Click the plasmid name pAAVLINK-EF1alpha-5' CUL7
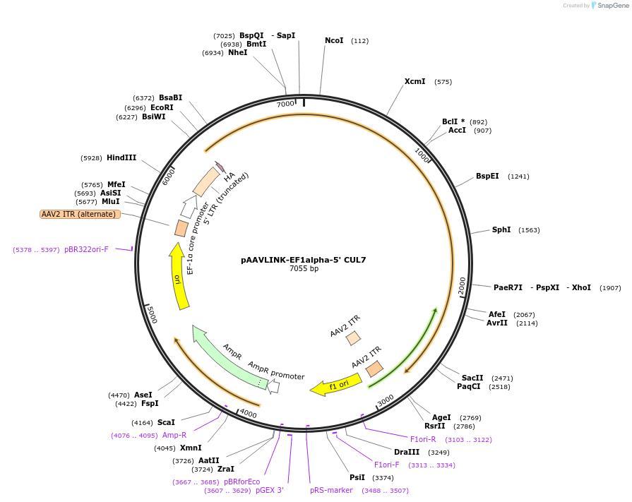[303, 260]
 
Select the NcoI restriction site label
[334, 40]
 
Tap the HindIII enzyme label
[121, 157]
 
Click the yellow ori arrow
[179, 276]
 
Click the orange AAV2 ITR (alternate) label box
[81, 214]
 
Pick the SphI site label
[501, 229]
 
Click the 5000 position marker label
[152, 314]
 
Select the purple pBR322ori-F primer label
[86, 249]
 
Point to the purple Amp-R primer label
[174, 435]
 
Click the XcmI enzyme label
[415, 81]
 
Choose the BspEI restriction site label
[487, 176]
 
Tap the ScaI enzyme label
[166, 422]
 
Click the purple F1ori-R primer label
[423, 439]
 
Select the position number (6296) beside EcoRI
[135, 108]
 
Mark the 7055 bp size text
[304, 269]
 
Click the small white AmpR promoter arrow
[274, 387]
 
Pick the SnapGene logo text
[613, 5]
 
